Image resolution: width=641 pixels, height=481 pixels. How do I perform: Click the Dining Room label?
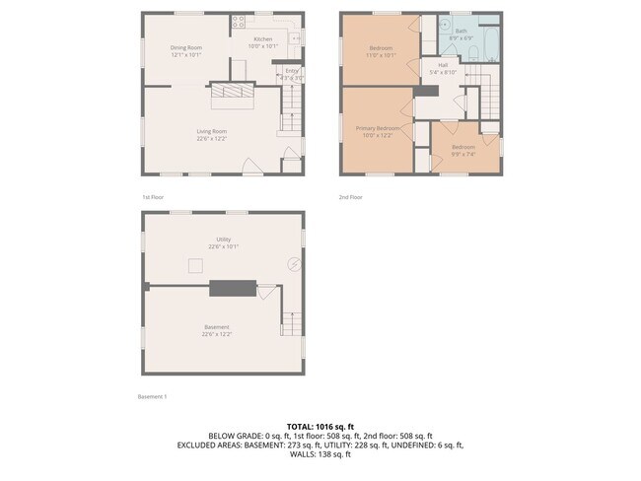(185, 47)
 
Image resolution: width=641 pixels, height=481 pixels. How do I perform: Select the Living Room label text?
(211, 131)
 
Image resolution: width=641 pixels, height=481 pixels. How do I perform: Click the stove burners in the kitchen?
(238, 20)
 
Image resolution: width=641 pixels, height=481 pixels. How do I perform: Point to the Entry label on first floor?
(291, 70)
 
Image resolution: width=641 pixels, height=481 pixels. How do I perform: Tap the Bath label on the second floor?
(461, 31)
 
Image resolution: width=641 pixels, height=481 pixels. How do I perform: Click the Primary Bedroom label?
(378, 128)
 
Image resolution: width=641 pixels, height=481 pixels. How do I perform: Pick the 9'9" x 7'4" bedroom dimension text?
(463, 153)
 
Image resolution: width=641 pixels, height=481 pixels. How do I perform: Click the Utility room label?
(223, 239)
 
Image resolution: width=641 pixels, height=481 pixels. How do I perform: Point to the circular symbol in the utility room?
(293, 263)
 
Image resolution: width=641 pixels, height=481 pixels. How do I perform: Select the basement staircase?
(290, 320)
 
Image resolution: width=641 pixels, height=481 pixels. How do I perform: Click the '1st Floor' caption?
(152, 197)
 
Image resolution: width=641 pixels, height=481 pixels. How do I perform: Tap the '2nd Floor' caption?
(351, 197)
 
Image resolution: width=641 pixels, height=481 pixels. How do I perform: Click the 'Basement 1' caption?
(153, 396)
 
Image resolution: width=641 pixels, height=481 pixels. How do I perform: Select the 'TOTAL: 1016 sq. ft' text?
(320, 426)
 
